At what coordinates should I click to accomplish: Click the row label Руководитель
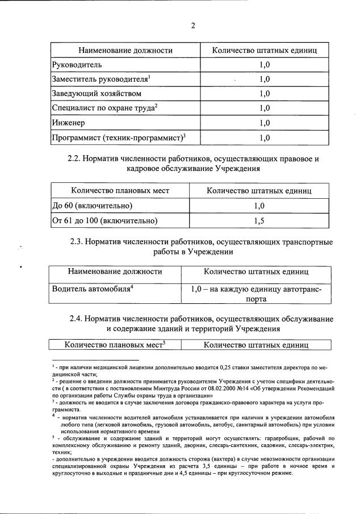click(77, 65)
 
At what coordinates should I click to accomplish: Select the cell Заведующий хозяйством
click(97, 93)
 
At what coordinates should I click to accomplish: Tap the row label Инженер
click(68, 122)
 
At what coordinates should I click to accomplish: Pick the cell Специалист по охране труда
click(103, 108)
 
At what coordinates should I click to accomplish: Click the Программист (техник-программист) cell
click(119, 137)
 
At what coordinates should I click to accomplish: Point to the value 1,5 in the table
click(258, 220)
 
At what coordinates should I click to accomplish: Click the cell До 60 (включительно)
click(93, 206)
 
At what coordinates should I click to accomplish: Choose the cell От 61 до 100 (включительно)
click(104, 220)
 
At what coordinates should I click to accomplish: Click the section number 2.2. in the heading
click(77, 160)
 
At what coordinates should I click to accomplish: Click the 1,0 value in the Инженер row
click(264, 122)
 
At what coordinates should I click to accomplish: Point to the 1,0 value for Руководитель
click(264, 65)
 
